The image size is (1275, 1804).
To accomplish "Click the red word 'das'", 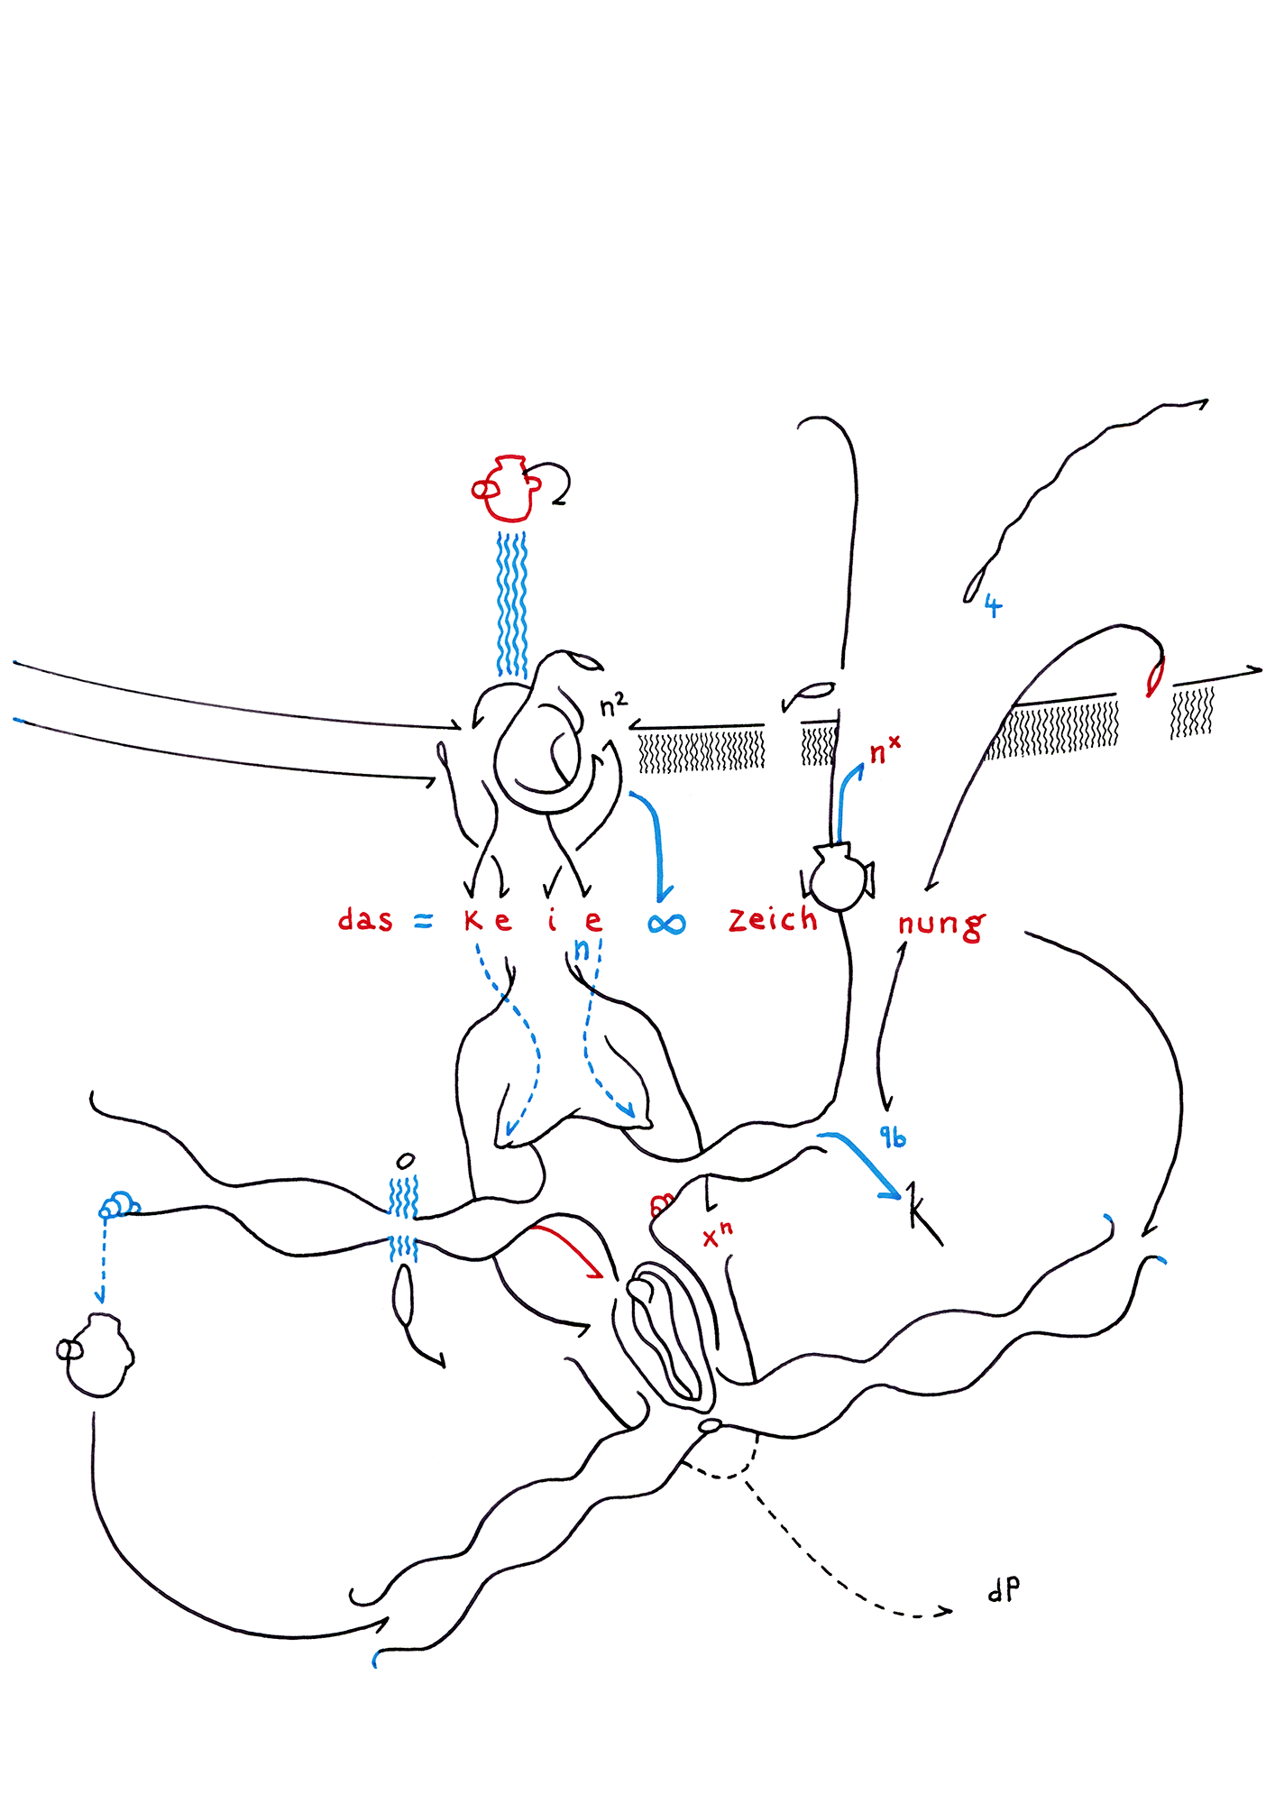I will [x=365, y=920].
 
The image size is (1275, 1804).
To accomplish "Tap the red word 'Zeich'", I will [x=773, y=919].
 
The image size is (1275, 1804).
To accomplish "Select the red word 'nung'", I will [x=940, y=925].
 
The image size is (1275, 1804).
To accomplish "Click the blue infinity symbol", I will [x=667, y=924].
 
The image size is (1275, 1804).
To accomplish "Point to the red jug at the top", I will [x=508, y=489].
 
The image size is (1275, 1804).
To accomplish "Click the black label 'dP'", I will [x=1004, y=1588].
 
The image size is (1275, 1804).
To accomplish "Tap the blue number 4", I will [x=993, y=605].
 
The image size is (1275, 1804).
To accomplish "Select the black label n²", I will [x=613, y=705].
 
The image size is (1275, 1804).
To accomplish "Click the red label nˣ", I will [x=884, y=750].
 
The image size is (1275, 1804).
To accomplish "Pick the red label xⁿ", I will [x=718, y=1235].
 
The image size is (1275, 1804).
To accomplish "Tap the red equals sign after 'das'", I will [x=423, y=922].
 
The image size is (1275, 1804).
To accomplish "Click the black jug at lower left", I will [x=97, y=1355].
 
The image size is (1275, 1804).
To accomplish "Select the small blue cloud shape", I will [x=118, y=1204].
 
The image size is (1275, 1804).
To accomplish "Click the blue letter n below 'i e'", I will [x=582, y=949].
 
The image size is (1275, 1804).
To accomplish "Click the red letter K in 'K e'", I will [x=473, y=920].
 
